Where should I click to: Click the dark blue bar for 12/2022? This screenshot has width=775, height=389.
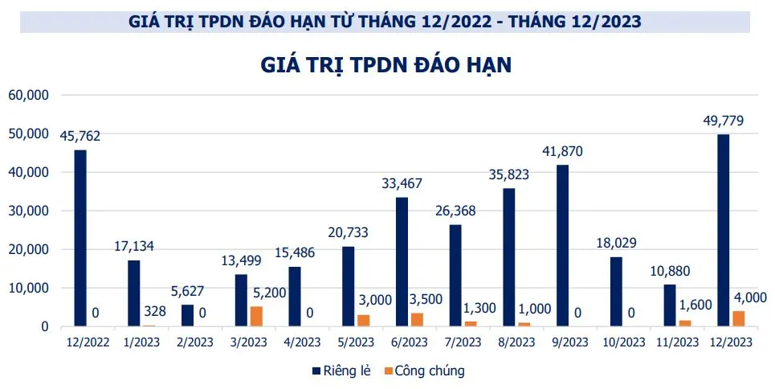coord(80,238)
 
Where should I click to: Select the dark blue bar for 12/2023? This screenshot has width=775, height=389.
coord(724,230)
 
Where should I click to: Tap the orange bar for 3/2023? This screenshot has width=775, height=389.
coord(256,316)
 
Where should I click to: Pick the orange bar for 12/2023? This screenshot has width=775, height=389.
coord(739,318)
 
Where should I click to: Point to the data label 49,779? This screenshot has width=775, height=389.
coord(722,121)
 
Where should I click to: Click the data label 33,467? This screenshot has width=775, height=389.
coord(401,184)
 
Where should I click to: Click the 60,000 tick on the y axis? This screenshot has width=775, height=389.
coord(29,95)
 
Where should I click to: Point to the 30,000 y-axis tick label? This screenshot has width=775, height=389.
coord(29,211)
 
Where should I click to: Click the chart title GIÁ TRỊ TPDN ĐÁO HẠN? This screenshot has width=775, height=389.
coord(386,65)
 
